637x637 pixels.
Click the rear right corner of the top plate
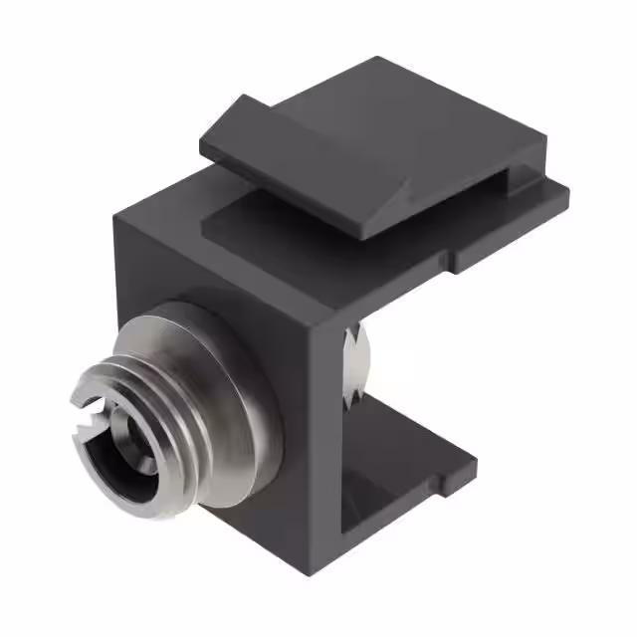point(568,199)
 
